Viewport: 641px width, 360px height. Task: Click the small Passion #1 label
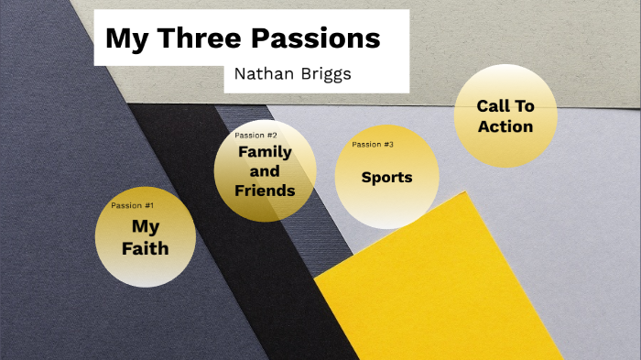(132, 205)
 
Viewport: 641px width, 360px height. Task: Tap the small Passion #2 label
(255, 136)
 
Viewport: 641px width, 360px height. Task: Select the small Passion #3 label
(373, 145)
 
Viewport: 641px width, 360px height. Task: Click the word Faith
(146, 248)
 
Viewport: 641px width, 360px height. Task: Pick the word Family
(265, 152)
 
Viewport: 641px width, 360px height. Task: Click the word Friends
(265, 191)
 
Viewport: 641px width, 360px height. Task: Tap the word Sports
(386, 177)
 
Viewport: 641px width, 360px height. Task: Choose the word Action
(505, 126)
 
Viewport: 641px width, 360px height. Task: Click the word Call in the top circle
(493, 106)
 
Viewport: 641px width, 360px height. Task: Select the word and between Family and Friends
(265, 171)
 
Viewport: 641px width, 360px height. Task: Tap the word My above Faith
(146, 226)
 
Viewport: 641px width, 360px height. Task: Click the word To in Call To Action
(523, 106)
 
